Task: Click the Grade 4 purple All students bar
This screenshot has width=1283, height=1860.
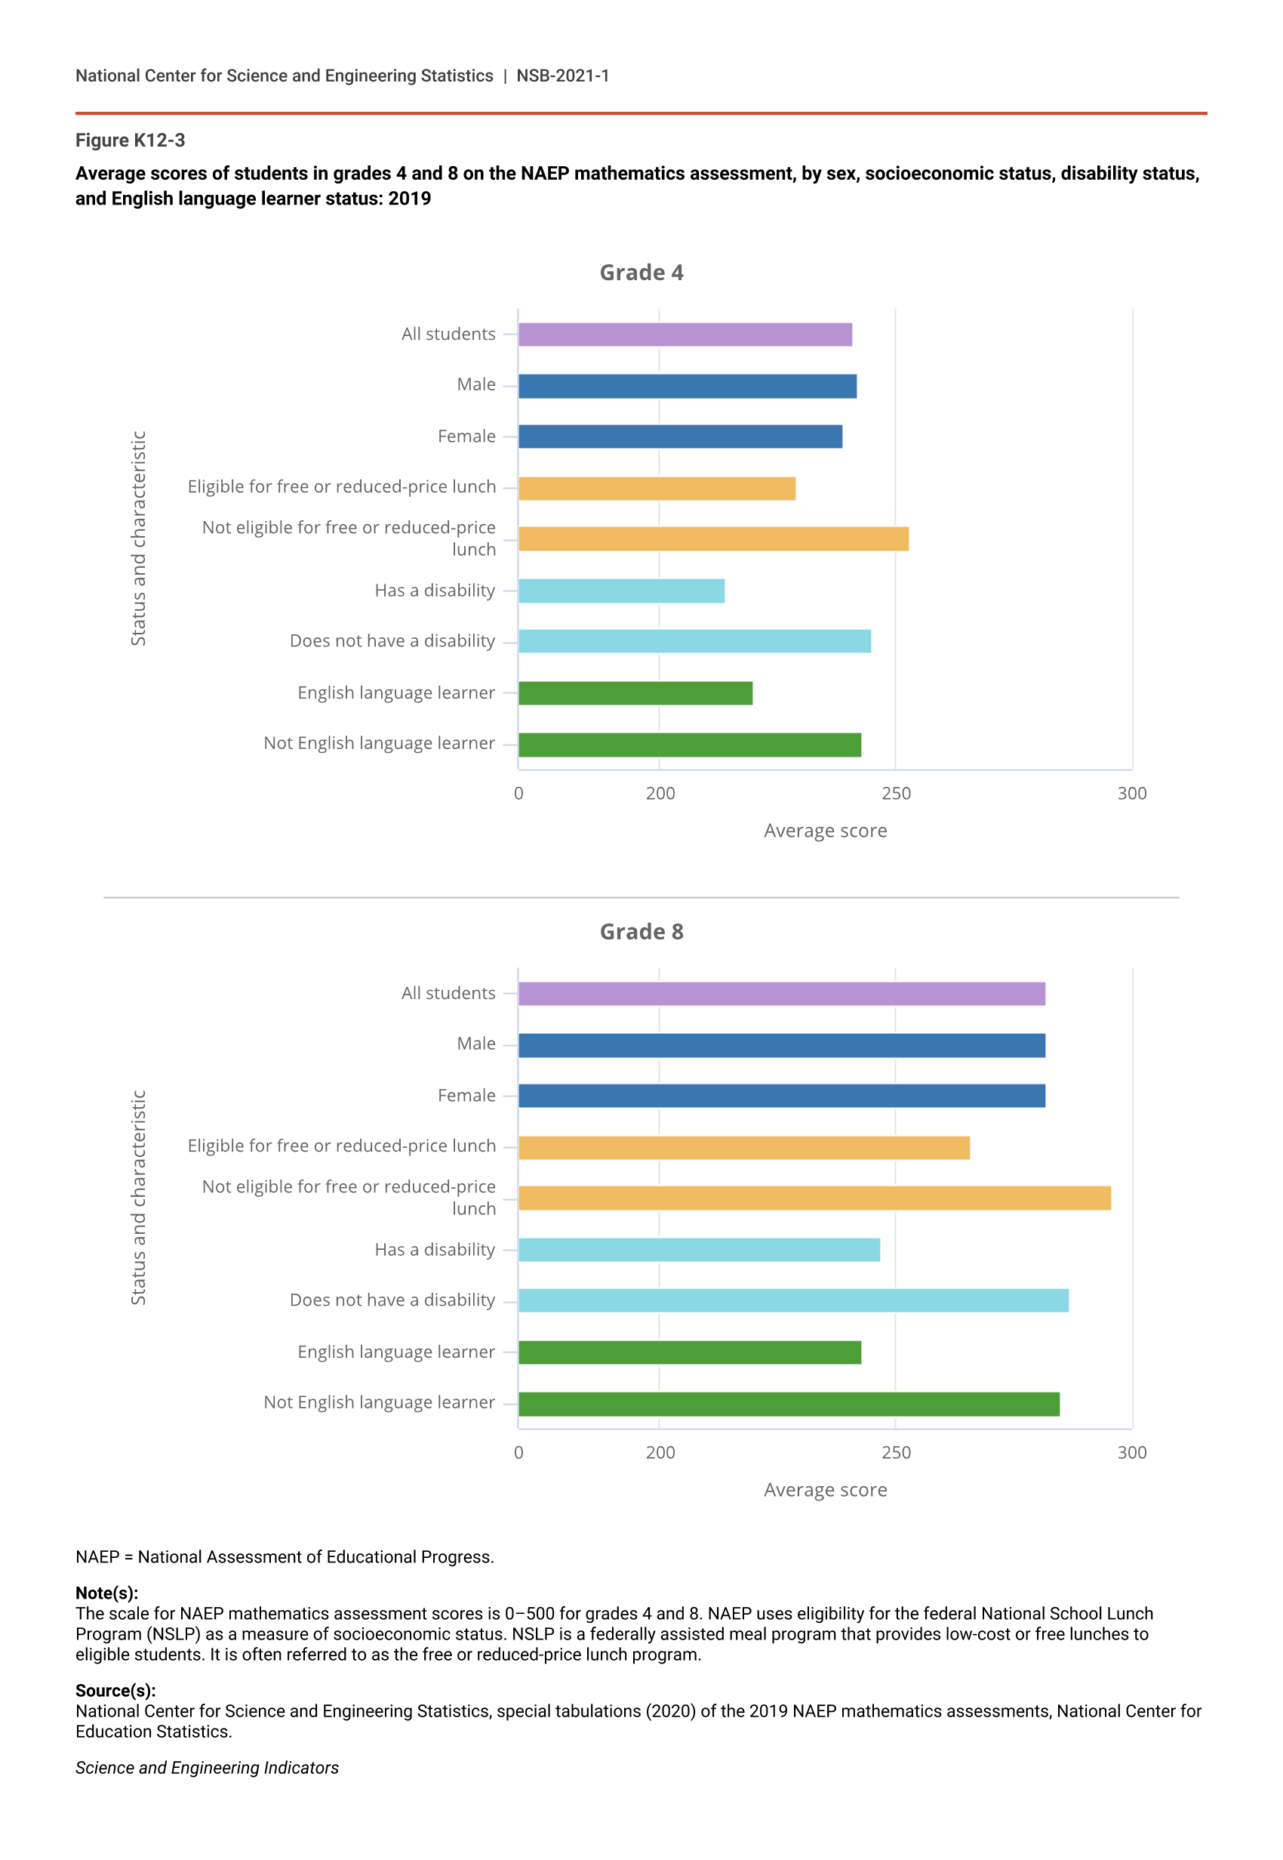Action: (685, 335)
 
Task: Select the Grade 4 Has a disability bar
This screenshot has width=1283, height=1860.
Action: (621, 591)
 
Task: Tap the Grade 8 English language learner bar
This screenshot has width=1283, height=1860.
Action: (690, 1353)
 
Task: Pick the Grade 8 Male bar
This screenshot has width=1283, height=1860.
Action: (781, 1045)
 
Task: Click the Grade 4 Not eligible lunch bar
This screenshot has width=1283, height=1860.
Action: (713, 538)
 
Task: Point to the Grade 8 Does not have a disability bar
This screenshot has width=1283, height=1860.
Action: (793, 1300)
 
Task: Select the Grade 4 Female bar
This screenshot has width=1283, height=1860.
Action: (680, 436)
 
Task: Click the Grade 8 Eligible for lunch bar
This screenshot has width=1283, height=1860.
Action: (743, 1148)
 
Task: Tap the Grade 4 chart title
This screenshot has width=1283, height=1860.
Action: (641, 273)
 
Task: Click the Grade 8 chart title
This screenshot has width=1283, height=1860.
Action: (641, 932)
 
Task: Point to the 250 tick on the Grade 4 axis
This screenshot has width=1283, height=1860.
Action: (896, 794)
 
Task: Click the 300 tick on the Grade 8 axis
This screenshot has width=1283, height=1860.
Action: (1132, 1452)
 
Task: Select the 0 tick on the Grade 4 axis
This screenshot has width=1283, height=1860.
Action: (518, 794)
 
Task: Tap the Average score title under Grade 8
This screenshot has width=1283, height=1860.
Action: (825, 1490)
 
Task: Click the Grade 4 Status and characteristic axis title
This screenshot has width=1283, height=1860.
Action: (138, 538)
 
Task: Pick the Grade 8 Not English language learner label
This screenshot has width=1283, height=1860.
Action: (380, 1402)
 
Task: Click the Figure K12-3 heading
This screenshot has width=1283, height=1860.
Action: (131, 140)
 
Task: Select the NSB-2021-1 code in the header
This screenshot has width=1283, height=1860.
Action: (563, 76)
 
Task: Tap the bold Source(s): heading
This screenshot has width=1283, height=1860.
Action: (115, 1690)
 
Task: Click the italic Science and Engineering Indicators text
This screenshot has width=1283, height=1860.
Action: (208, 1768)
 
